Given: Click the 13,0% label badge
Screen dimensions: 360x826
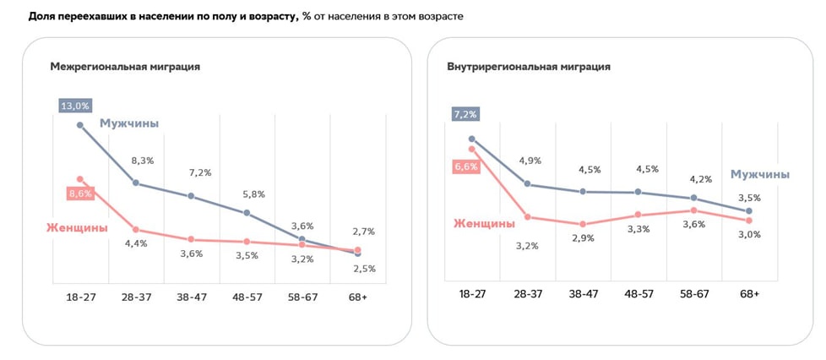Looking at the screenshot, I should pos(74,106).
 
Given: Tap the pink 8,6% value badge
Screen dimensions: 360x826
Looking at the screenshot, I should pos(80,194).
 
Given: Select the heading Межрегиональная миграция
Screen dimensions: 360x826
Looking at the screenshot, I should pos(125,66).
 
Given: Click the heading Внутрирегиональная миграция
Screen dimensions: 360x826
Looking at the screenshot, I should pos(529,66).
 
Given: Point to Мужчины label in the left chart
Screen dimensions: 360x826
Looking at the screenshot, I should pos(129,123).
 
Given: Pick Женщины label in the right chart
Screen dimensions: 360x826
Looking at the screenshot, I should pos(484,224).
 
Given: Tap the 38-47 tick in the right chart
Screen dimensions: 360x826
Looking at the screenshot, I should pos(583,293).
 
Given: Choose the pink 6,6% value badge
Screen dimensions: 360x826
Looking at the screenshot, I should pos(465,166).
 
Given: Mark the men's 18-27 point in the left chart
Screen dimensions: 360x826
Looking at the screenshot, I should pos(80,125).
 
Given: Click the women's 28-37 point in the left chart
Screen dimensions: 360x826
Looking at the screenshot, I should pos(136,229).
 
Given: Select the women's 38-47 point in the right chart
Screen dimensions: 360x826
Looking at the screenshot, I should pos(583,225).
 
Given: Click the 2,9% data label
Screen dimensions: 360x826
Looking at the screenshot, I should pos(583,238).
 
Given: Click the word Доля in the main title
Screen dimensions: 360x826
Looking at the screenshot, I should pos(42,16).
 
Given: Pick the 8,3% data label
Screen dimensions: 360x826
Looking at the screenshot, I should pos(142,160).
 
